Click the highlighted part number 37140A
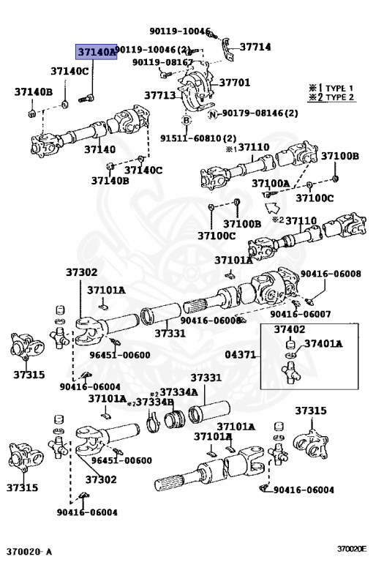[97, 52]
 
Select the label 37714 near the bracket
[255, 47]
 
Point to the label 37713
[159, 95]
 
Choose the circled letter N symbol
[212, 113]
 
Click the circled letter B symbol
[187, 120]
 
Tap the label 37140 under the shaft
[99, 149]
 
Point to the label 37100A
[271, 183]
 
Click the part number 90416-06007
[301, 314]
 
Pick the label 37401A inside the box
[323, 343]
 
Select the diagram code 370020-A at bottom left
[30, 550]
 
